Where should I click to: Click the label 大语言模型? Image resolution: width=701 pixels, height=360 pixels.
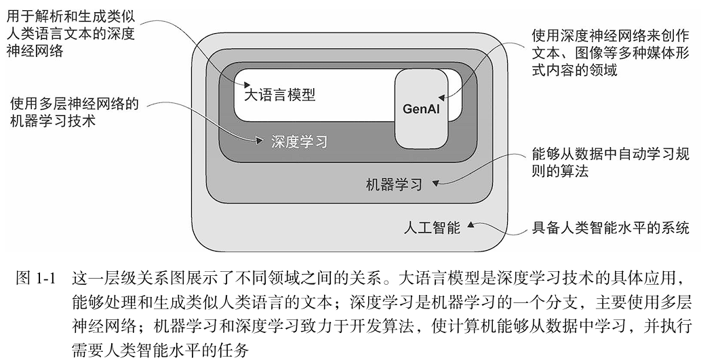(280, 95)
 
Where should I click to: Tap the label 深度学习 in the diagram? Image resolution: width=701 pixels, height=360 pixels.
(299, 142)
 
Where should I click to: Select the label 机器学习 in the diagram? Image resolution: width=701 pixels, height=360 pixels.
(393, 184)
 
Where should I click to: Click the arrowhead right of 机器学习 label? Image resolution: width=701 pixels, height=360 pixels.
(436, 182)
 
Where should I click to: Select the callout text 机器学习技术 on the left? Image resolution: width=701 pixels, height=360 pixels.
(53, 122)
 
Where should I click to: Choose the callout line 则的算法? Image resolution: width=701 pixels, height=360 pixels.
(560, 172)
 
